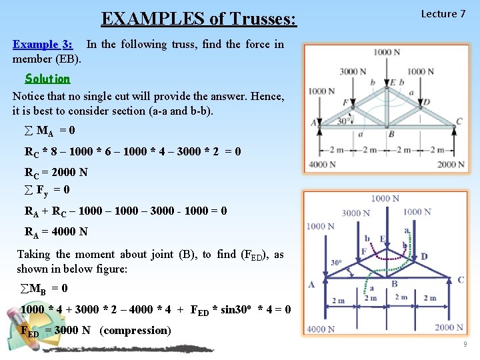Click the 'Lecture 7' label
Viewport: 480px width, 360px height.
(443, 14)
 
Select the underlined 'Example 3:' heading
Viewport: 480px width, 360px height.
(43, 45)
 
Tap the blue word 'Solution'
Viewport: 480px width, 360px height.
(47, 79)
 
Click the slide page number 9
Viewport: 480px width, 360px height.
(464, 344)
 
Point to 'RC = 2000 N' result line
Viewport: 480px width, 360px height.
(56, 172)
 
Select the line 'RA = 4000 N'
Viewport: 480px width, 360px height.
(56, 232)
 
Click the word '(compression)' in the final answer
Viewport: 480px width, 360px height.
(135, 331)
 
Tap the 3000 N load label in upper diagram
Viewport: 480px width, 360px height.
(353, 71)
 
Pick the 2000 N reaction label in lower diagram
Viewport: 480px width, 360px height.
(449, 327)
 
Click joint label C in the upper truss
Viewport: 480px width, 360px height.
(459, 121)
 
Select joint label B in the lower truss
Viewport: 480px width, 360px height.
(395, 284)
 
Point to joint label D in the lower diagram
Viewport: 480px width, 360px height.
(425, 257)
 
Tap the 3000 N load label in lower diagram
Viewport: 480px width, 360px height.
(355, 213)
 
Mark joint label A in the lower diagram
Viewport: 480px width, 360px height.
(311, 285)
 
